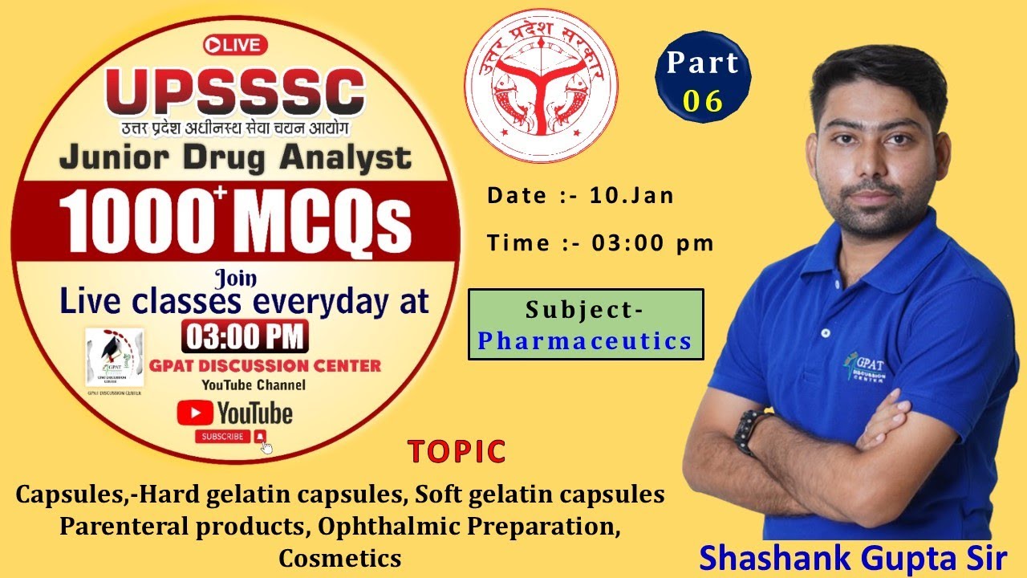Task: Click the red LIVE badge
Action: [x=235, y=45]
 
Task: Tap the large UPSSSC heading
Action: [x=235, y=92]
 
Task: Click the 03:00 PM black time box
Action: [x=244, y=336]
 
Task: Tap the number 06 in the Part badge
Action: [x=703, y=100]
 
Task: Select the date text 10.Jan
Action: [x=631, y=196]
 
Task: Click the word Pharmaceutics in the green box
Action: [x=585, y=341]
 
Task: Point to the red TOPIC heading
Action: [x=457, y=452]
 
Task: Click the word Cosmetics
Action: [x=339, y=556]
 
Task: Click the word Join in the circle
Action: [x=236, y=279]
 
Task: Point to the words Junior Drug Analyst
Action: [x=235, y=158]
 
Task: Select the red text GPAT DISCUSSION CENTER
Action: [x=265, y=366]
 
